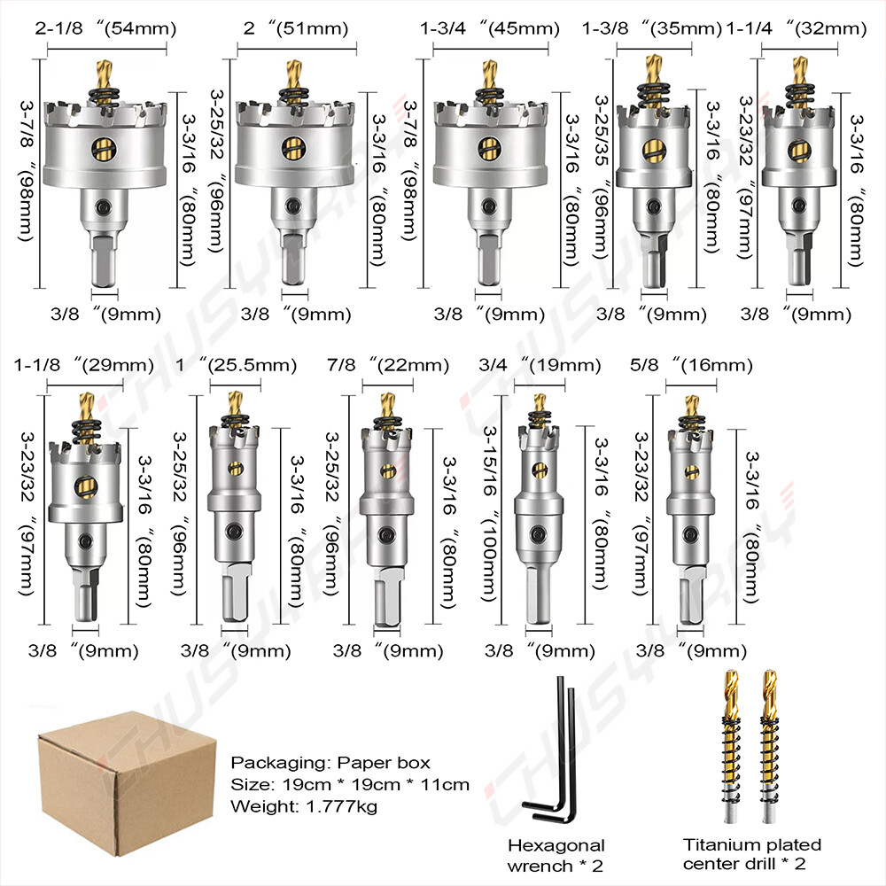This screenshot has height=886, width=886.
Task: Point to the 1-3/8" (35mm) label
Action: pyautogui.click(x=652, y=27)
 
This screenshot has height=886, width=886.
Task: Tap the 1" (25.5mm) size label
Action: pyautogui.click(x=235, y=365)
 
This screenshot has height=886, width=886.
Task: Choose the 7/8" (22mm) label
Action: pyautogui.click(x=388, y=365)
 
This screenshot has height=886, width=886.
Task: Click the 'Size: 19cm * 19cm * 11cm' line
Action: pyautogui.click(x=350, y=784)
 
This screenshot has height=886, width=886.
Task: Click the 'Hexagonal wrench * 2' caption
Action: pyautogui.click(x=556, y=854)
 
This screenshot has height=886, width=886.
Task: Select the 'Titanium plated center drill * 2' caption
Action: pyautogui.click(x=751, y=854)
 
